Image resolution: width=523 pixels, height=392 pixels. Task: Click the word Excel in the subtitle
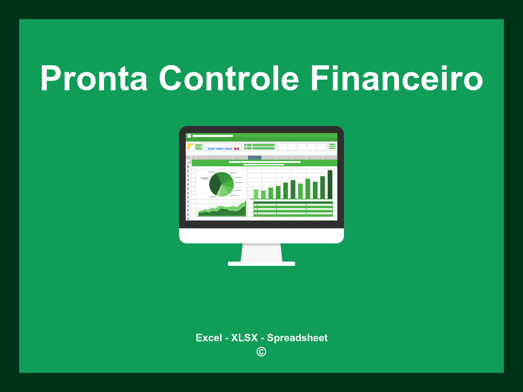(209, 338)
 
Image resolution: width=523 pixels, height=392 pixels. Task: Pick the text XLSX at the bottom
(244, 338)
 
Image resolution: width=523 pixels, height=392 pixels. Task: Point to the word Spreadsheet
(297, 338)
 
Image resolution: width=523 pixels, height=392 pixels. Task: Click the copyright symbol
(261, 352)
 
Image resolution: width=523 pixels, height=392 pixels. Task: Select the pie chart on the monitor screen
(221, 184)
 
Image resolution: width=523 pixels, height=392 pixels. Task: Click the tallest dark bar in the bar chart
(330, 184)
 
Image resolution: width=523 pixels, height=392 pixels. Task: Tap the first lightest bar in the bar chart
(256, 194)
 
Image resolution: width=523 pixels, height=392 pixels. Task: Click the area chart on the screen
(222, 211)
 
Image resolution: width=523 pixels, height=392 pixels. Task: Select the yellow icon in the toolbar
(190, 146)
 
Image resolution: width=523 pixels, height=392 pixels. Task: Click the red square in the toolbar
(235, 149)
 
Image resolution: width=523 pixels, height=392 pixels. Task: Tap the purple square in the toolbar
(238, 149)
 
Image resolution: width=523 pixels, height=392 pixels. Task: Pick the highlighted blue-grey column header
(255, 157)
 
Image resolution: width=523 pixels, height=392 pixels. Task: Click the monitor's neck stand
(261, 253)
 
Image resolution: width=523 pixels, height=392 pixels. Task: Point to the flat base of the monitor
(261, 264)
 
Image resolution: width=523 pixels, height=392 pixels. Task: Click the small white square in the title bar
(189, 136)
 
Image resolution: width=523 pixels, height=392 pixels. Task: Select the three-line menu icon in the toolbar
(332, 146)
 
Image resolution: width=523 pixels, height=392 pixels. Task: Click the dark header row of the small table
(293, 202)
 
